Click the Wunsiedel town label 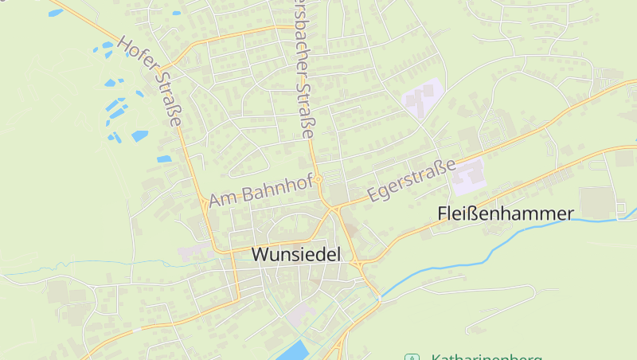pyautogui.click(x=295, y=255)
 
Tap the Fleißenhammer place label pyautogui.click(x=506, y=213)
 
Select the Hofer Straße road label pyautogui.click(x=150, y=80)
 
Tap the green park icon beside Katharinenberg pyautogui.click(x=412, y=358)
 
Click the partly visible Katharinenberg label pyautogui.click(x=486, y=357)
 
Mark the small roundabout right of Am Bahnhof pyautogui.click(x=318, y=180)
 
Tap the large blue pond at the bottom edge pyautogui.click(x=292, y=350)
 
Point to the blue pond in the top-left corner pyautogui.click(x=55, y=13)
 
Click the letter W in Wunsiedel pyautogui.click(x=260, y=255)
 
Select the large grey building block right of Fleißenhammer pyautogui.click(x=597, y=202)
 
